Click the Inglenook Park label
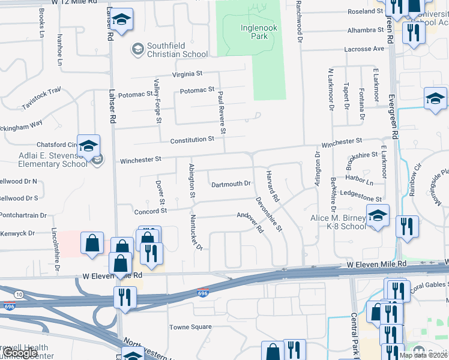(x=258, y=31)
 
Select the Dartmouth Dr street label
(x=231, y=184)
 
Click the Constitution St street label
(x=191, y=139)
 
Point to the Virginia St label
(x=187, y=74)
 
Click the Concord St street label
(x=150, y=211)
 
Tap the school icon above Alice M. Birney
(x=378, y=215)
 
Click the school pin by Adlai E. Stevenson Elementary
(x=88, y=146)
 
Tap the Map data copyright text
(x=423, y=355)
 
